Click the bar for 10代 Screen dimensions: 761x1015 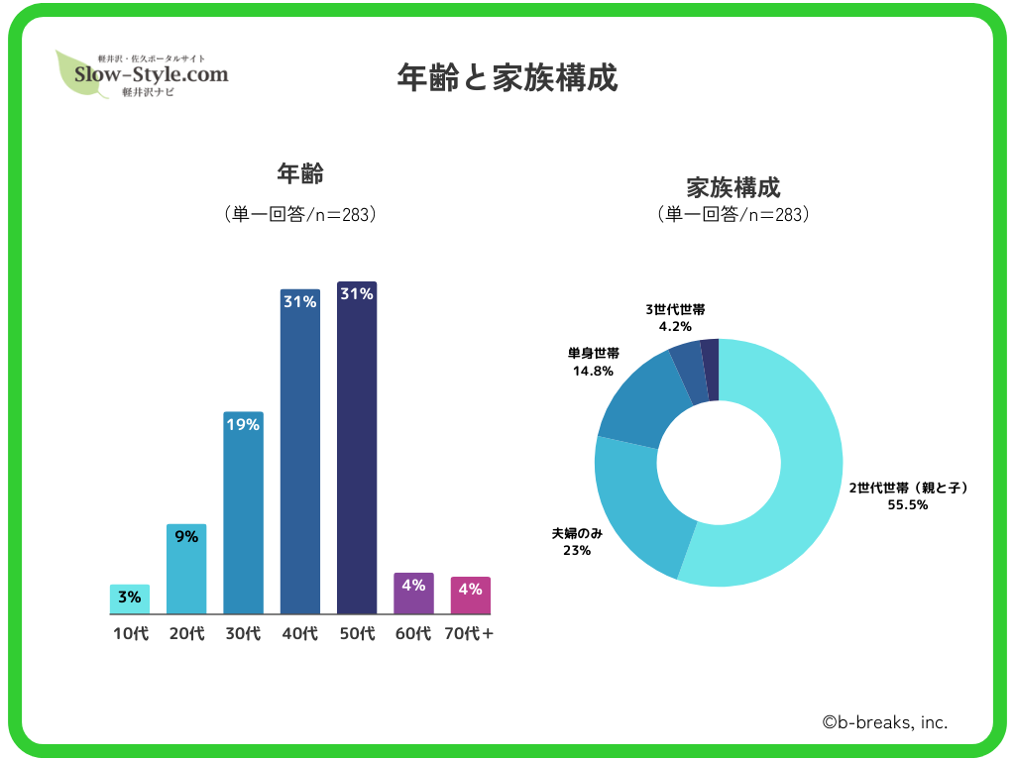point(130,599)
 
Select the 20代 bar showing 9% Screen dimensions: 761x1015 point(186,570)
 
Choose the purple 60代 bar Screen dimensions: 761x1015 point(413,594)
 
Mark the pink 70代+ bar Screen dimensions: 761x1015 point(471,596)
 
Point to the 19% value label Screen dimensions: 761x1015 point(244,425)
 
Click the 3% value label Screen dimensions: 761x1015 point(130,597)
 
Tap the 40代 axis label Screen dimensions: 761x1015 point(300,633)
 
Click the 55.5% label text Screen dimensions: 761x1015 point(908,504)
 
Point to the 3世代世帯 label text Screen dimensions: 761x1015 point(675,309)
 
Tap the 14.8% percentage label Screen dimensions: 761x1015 point(593,371)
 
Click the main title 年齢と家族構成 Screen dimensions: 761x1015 point(507,78)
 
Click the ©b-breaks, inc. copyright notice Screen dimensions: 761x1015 point(885,723)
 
